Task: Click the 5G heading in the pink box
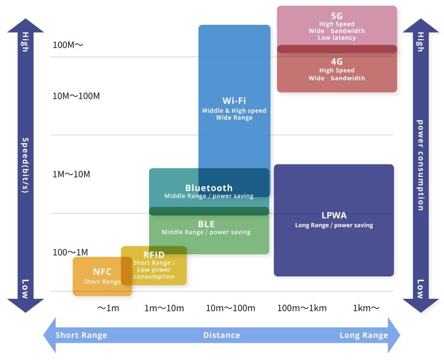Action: [336, 16]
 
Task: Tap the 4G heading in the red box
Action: [336, 62]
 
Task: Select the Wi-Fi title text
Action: [234, 101]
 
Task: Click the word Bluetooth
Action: [209, 188]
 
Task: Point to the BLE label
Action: [206, 224]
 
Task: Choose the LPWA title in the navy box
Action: [334, 216]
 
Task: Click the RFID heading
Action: [154, 255]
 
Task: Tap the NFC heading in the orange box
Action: [102, 272]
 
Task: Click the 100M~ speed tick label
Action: [68, 45]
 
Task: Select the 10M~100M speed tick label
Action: [76, 96]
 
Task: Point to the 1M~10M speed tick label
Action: [71, 174]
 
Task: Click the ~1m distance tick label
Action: [108, 308]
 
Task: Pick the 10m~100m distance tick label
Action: [230, 308]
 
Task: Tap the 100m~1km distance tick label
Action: [302, 308]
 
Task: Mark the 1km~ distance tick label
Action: [366, 308]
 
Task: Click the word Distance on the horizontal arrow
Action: [222, 335]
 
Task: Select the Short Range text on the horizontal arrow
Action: [81, 335]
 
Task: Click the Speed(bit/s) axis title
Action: [25, 165]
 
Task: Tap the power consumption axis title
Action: [420, 165]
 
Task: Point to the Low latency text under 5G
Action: [336, 38]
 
